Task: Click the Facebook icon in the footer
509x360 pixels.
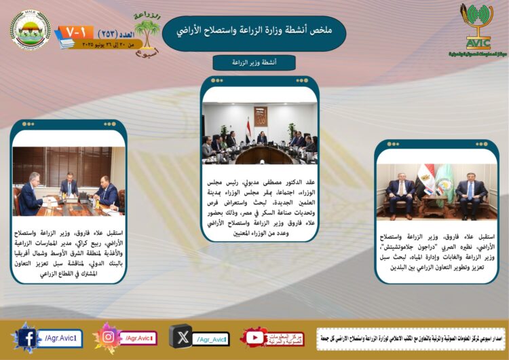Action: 26,337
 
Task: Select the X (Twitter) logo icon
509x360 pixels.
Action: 181,337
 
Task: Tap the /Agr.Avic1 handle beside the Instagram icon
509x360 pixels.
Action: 138,337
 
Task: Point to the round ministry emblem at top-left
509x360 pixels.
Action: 31,30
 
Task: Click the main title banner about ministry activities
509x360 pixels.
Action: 254,32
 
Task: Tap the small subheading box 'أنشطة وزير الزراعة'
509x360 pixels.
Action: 254,62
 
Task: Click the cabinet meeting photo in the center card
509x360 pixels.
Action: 260,134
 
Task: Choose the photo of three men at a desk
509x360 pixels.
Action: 69,182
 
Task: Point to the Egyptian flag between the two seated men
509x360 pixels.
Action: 426,181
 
